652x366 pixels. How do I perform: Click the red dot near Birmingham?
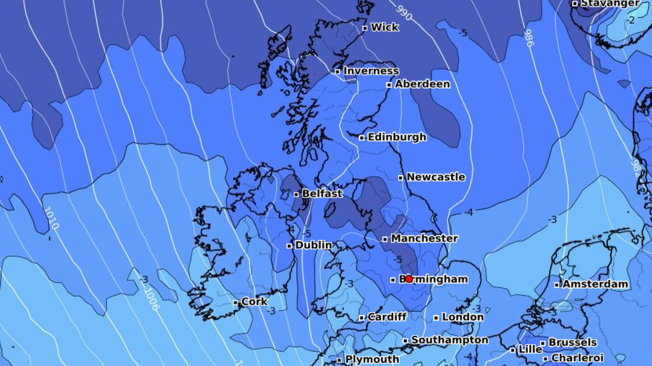pyautogui.click(x=409, y=279)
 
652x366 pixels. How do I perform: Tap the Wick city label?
pyautogui.click(x=384, y=27)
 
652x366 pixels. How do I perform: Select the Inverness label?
pyautogui.click(x=371, y=71)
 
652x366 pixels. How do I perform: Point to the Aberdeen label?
pyautogui.click(x=422, y=84)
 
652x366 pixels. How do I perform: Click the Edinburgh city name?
pyautogui.click(x=397, y=137)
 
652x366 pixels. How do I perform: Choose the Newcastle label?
pyautogui.click(x=436, y=177)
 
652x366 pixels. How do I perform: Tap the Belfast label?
pyautogui.click(x=322, y=193)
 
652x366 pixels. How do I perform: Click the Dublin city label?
pyautogui.click(x=313, y=245)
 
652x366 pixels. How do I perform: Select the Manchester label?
pyautogui.click(x=424, y=238)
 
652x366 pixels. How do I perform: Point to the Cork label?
pyautogui.click(x=254, y=302)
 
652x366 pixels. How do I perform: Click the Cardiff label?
pyautogui.click(x=387, y=317)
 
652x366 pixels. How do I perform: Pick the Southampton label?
pyautogui.click(x=449, y=340)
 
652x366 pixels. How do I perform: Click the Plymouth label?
pyautogui.click(x=372, y=359)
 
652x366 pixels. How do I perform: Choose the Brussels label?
pyautogui.click(x=572, y=342)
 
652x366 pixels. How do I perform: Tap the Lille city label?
pyautogui.click(x=530, y=349)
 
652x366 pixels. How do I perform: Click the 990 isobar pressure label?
pyautogui.click(x=404, y=13)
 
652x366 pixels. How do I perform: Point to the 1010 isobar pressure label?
pyautogui.click(x=51, y=218)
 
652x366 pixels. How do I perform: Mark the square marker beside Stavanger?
pyautogui.click(x=574, y=4)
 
